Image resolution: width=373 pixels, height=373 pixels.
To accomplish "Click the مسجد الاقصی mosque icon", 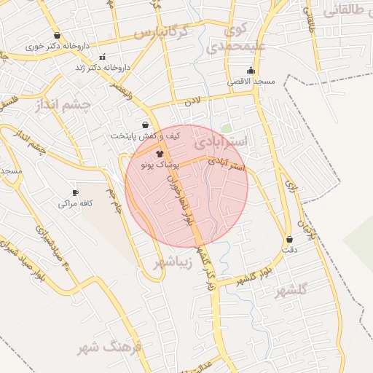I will (x=251, y=71).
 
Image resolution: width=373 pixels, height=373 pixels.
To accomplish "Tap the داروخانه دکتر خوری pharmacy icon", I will (x=57, y=35).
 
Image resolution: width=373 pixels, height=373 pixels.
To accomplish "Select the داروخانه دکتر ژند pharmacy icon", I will (x=102, y=57).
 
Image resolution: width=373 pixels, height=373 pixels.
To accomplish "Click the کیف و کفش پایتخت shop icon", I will (x=145, y=125).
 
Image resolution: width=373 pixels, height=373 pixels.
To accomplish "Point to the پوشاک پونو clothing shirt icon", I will (x=160, y=154).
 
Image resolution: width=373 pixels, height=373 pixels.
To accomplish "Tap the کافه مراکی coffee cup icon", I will (x=75, y=192).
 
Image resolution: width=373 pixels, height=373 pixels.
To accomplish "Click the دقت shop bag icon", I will (x=290, y=239).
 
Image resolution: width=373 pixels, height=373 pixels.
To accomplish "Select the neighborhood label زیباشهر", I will (x=172, y=261).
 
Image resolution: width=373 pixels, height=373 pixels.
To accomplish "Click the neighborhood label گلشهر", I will (x=291, y=291).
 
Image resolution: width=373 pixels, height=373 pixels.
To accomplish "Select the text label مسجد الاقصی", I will (x=251, y=82).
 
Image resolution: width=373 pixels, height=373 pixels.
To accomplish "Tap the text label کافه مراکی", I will (x=75, y=204).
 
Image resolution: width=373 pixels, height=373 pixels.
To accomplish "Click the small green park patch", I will (x=227, y=127).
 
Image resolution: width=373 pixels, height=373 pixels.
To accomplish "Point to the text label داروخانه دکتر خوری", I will (x=57, y=46).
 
